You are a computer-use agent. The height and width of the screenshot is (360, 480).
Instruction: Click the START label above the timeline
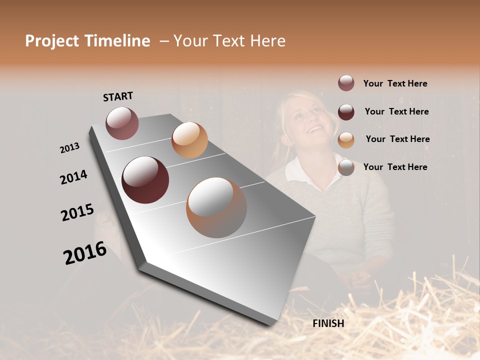[118, 96]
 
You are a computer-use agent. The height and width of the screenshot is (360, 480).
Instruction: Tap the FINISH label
[328, 323]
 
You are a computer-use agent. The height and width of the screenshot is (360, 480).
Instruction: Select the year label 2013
[70, 148]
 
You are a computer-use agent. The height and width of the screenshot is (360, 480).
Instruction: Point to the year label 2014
[74, 177]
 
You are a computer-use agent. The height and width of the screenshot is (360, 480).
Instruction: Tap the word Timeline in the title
[117, 41]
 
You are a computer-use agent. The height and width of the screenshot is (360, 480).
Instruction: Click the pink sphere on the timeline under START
[122, 123]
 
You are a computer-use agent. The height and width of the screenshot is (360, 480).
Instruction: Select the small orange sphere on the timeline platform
[189, 140]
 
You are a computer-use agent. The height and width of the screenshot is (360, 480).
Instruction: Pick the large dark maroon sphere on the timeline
[145, 180]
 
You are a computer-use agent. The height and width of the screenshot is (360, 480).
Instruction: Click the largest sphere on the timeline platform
[216, 207]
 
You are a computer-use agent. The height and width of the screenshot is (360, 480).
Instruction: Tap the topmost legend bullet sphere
[346, 83]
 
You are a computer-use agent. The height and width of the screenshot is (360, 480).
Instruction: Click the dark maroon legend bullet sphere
[346, 111]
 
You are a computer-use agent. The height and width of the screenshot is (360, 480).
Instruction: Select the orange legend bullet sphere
[346, 139]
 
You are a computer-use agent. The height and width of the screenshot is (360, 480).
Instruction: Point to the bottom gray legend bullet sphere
[346, 167]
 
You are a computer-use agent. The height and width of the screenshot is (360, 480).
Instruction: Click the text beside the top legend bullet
[395, 84]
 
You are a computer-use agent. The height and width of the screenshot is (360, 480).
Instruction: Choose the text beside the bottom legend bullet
[395, 167]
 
